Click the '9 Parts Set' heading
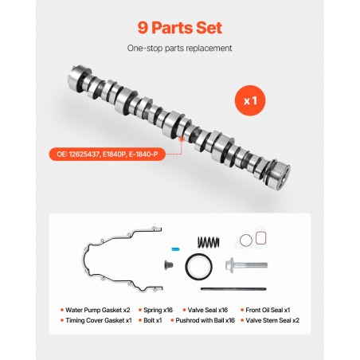180,28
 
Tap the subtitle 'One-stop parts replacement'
179,49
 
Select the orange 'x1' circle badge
250,100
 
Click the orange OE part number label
108,155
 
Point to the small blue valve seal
175,249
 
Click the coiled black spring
209,242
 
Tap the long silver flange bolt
246,265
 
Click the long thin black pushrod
233,289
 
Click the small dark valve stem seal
169,264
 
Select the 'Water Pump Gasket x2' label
98,310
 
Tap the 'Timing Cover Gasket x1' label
99,320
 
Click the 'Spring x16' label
158,310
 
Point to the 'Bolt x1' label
153,320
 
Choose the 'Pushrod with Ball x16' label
205,320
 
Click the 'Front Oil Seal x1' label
268,310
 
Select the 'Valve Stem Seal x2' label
272,320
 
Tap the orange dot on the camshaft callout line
182,139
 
